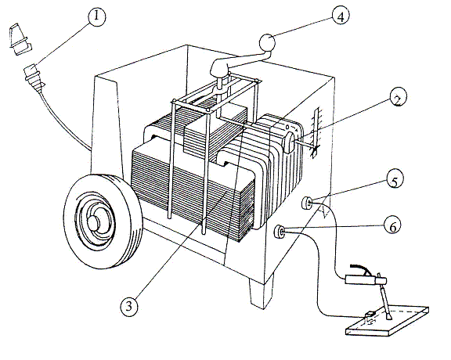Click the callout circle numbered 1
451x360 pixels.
point(96,17)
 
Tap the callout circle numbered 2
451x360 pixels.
point(399,98)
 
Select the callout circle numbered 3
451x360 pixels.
point(129,306)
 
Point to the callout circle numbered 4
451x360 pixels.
point(341,15)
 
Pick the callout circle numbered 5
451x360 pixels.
point(395,179)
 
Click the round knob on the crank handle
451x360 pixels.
point(268,43)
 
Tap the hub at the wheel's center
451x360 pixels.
point(94,223)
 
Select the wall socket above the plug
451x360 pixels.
point(20,39)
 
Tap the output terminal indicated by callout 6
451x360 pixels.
point(280,232)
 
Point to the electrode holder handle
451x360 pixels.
point(366,279)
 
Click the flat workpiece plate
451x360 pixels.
point(387,321)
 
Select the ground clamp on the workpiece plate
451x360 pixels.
point(370,316)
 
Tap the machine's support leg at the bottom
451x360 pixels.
point(262,290)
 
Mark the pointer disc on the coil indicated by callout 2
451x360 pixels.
point(288,142)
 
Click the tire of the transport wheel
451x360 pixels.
point(103,221)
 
